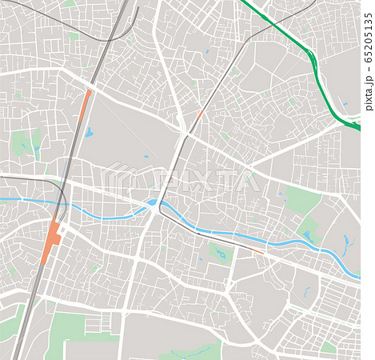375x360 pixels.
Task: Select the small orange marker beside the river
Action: (257, 251)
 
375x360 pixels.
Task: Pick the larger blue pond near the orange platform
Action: (89, 132)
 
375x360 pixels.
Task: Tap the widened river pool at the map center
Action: (152, 204)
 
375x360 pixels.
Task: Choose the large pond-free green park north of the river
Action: (302, 199)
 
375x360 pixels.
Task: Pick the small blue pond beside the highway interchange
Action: (345, 103)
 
